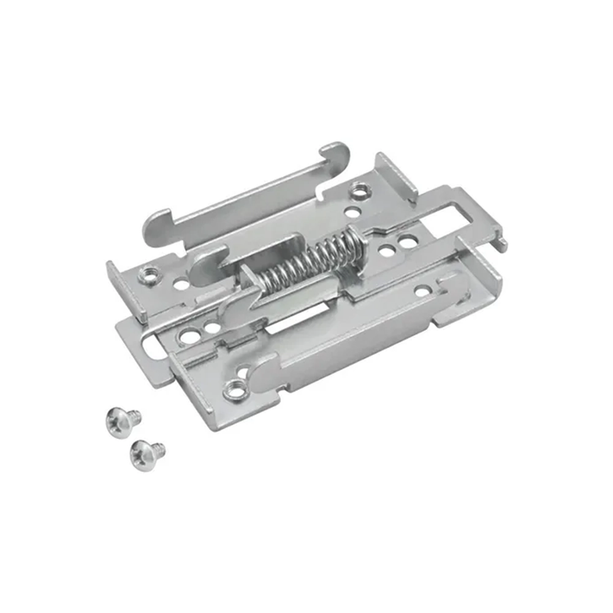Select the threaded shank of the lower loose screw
pyautogui.click(x=159, y=448)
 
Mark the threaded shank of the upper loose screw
pyautogui.click(x=134, y=416)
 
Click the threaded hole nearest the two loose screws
pyautogui.click(x=234, y=389)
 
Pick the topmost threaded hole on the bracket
pyautogui.click(x=359, y=191)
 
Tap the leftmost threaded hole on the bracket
pyautogui.click(x=148, y=275)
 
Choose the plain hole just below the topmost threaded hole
pyautogui.click(x=352, y=213)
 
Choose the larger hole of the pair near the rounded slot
pyautogui.click(x=188, y=336)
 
